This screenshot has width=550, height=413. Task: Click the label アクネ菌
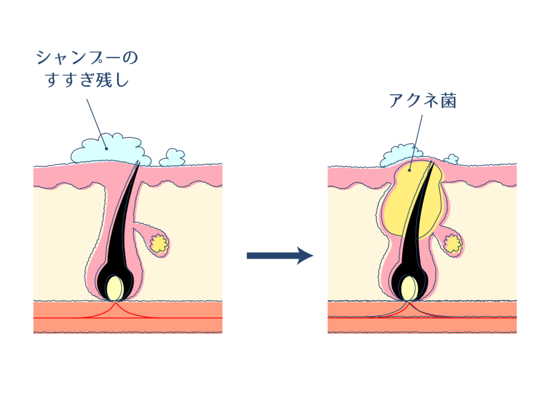[x=422, y=101]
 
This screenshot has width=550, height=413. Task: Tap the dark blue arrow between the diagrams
[x=279, y=255]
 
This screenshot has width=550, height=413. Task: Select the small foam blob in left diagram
[x=172, y=157]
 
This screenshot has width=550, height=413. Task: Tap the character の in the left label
[x=129, y=57]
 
